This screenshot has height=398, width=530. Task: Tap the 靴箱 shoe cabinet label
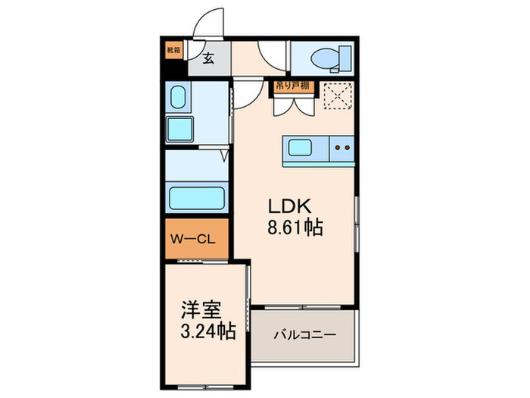tap(174, 51)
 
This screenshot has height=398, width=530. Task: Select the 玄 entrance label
tap(207, 57)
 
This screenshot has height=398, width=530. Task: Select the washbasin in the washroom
tap(179, 98)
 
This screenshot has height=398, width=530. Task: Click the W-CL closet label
tap(194, 240)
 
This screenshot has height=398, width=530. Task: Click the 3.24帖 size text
tap(206, 331)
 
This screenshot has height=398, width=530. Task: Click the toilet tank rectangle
tap(345, 56)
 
